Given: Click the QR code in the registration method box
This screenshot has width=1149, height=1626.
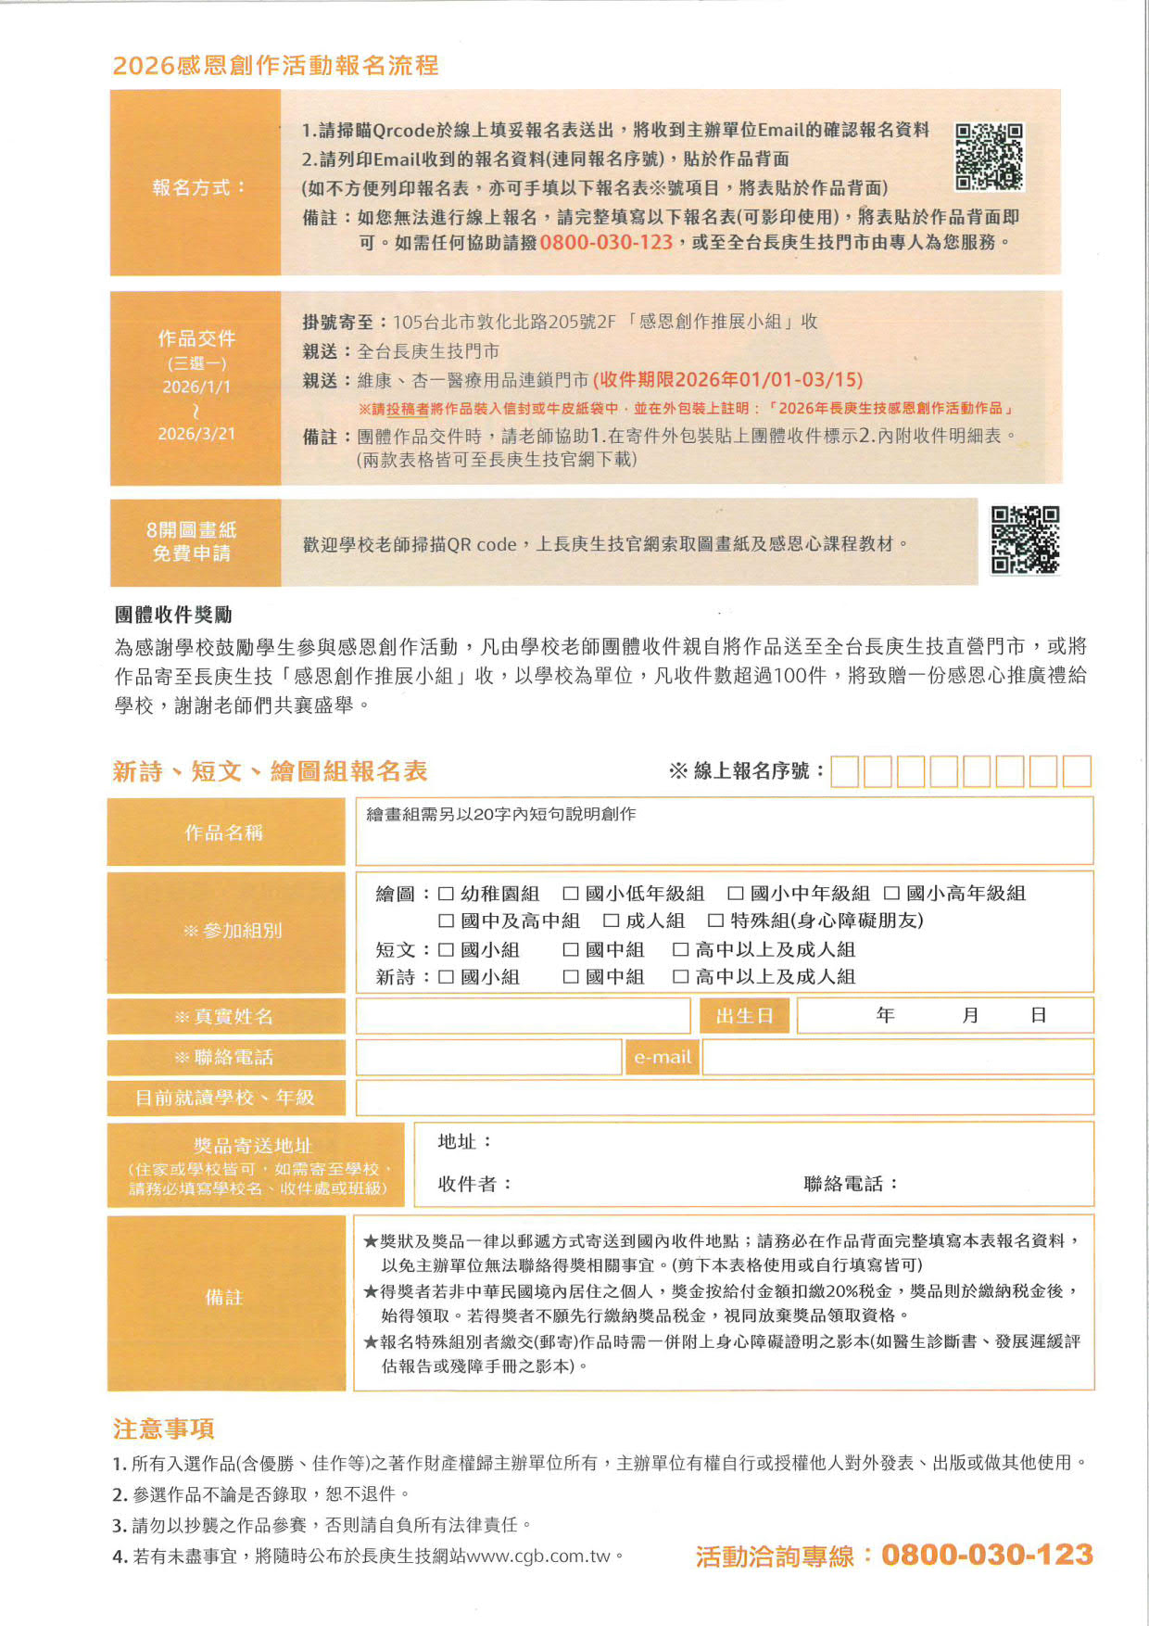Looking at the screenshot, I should pyautogui.click(x=989, y=157).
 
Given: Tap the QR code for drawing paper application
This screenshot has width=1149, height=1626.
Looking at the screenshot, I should pyautogui.click(x=1025, y=540).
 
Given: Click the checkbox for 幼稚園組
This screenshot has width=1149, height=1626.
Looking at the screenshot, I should pyautogui.click(x=446, y=894).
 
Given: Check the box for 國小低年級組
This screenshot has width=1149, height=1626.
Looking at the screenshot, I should pyautogui.click(x=571, y=894).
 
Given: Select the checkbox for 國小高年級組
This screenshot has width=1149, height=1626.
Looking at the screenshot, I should pyautogui.click(x=891, y=894).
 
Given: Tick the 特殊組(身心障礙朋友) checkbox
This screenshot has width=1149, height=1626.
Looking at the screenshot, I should pyautogui.click(x=715, y=921).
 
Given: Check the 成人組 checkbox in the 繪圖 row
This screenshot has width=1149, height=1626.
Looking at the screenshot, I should pyautogui.click(x=611, y=921).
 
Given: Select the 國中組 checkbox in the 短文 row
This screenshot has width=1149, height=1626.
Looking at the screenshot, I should pyautogui.click(x=571, y=949).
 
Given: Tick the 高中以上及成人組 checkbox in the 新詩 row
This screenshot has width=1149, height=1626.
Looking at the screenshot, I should pyautogui.click(x=680, y=976).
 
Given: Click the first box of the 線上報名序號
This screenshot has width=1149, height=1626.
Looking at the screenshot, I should pyautogui.click(x=844, y=771).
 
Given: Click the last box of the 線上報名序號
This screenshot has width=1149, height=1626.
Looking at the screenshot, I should pyautogui.click(x=1077, y=771).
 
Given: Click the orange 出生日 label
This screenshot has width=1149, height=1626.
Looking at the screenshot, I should pyautogui.click(x=744, y=1016).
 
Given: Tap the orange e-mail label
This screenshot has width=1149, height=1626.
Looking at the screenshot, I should pyautogui.click(x=663, y=1057).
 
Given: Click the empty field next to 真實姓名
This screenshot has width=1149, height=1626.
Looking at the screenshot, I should pyautogui.click(x=523, y=1016).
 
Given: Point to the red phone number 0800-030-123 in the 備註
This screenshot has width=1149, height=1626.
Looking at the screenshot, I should pyautogui.click(x=606, y=243).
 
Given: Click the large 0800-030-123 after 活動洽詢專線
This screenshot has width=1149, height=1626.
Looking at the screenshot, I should pyautogui.click(x=987, y=1555).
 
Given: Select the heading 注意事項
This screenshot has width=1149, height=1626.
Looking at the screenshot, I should pyautogui.click(x=163, y=1429).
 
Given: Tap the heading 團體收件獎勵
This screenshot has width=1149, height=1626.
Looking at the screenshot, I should pyautogui.click(x=173, y=615).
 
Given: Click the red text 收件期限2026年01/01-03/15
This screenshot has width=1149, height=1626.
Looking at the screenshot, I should pyautogui.click(x=728, y=380).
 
